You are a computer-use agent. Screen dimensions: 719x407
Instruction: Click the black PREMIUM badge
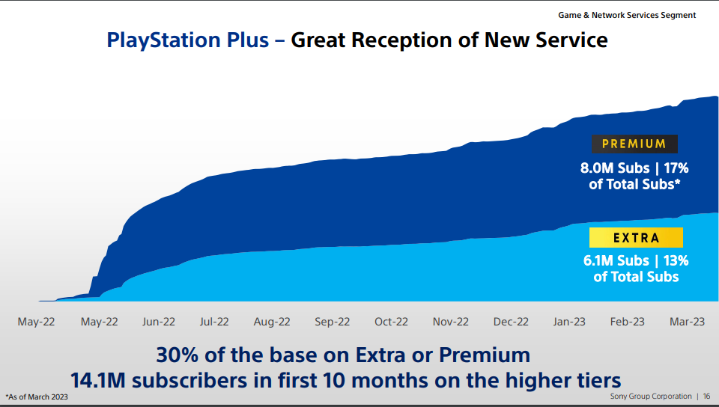click(x=634, y=144)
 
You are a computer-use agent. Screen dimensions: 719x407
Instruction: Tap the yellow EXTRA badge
click(x=636, y=238)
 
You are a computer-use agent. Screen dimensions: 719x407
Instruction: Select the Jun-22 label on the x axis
click(x=159, y=322)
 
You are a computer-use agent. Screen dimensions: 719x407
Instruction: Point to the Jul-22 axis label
click(x=214, y=322)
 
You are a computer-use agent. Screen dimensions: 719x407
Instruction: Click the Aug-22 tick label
click(x=272, y=322)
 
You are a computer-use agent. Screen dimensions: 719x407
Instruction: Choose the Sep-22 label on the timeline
click(x=332, y=322)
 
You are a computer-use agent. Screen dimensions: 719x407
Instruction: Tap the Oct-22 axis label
click(x=391, y=322)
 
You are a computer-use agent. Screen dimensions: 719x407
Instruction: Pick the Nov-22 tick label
click(x=451, y=322)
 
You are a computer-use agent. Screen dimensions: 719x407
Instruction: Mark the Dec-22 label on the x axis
click(x=511, y=322)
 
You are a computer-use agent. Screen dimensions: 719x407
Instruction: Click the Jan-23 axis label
click(x=569, y=322)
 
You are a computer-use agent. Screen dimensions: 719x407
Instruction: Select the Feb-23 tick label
click(x=628, y=322)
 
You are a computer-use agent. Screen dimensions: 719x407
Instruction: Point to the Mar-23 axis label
click(x=687, y=322)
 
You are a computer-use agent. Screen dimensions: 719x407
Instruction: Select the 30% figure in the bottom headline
click(x=177, y=355)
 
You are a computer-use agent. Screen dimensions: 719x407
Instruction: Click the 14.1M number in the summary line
click(x=97, y=381)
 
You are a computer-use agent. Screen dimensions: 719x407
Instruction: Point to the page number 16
click(x=706, y=397)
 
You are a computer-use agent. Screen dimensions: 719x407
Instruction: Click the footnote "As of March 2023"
click(x=37, y=397)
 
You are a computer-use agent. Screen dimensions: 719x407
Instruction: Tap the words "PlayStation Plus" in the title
click(x=187, y=40)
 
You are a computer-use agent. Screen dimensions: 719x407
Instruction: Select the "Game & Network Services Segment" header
click(x=627, y=15)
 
